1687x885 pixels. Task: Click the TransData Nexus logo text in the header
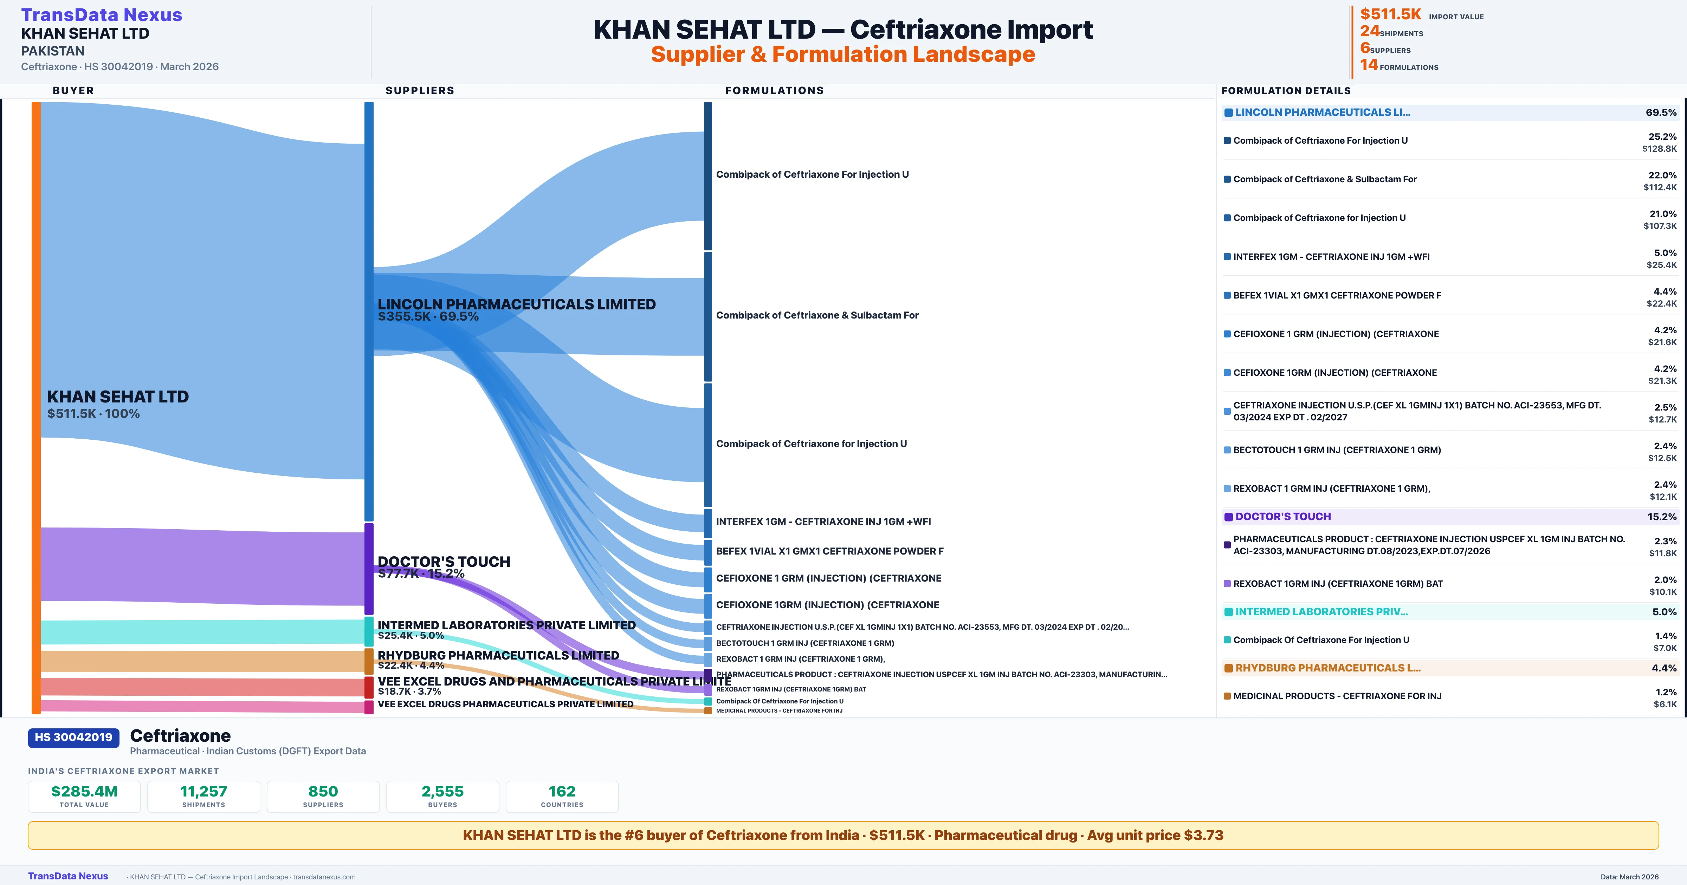(x=102, y=15)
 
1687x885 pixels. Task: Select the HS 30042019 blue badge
(x=73, y=737)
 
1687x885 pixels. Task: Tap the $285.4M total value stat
(x=84, y=791)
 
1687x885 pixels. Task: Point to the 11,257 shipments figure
(x=204, y=791)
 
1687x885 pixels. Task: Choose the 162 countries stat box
(x=562, y=796)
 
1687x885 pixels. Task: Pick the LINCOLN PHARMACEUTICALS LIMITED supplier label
(x=516, y=304)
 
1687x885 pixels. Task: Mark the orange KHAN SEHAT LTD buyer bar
(x=36, y=406)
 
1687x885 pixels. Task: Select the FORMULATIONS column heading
(x=774, y=90)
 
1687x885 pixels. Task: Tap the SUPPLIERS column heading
(x=420, y=90)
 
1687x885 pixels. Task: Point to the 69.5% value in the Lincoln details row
(x=1661, y=113)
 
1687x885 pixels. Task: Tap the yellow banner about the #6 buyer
(x=843, y=835)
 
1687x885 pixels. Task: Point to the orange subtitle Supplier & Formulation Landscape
(x=843, y=54)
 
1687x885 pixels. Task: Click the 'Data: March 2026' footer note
(x=1629, y=877)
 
